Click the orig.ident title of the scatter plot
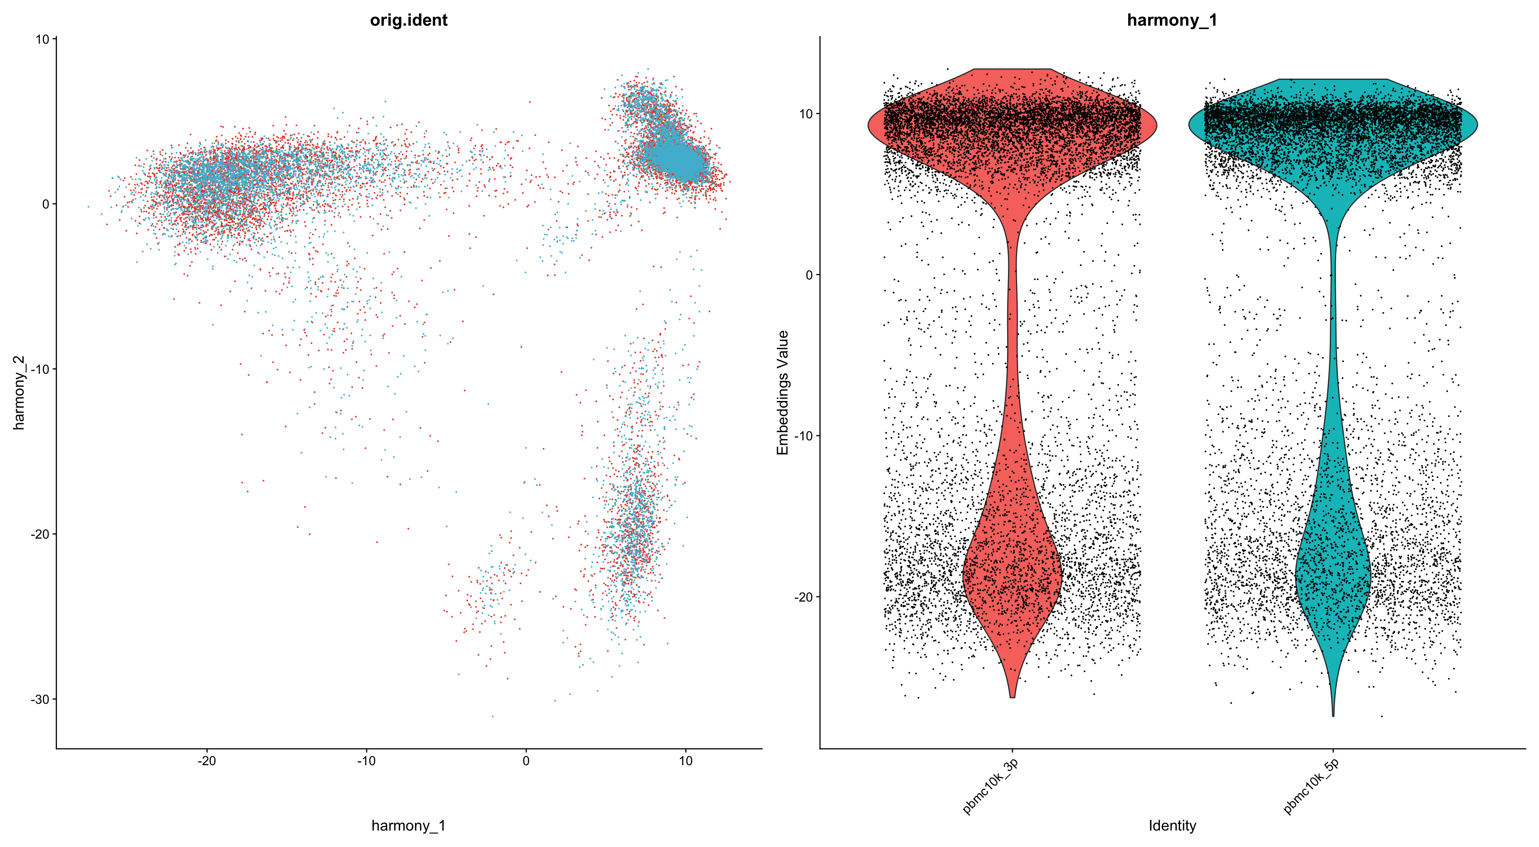pos(409,20)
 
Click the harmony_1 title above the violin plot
pos(1171,20)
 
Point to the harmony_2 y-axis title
pos(19,393)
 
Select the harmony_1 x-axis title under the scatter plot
pos(409,825)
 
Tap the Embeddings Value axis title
pos(783,393)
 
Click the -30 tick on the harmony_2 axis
pos(40,699)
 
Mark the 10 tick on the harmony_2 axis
pos(42,39)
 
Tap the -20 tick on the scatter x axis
pos(207,761)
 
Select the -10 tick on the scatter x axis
pos(366,761)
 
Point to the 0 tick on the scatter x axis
pos(526,761)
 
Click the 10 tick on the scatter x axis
pos(686,761)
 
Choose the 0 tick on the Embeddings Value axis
pos(809,275)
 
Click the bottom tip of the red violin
pos(1012,696)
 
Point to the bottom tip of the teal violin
pos(1333,715)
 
